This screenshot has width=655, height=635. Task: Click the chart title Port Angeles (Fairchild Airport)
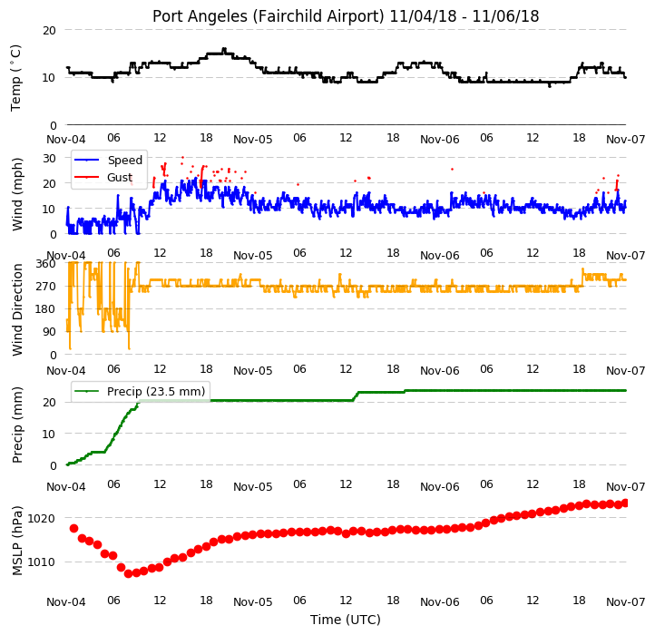pyautogui.click(x=268, y=16)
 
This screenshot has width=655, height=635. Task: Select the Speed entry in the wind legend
pyautogui.click(x=125, y=160)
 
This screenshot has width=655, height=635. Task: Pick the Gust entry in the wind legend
pyautogui.click(x=120, y=178)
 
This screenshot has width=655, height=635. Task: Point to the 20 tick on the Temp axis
pyautogui.click(x=49, y=31)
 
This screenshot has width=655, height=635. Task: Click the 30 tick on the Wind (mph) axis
pyautogui.click(x=49, y=159)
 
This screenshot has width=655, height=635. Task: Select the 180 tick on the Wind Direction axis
pyautogui.click(x=46, y=309)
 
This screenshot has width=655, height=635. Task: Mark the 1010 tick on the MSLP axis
pyautogui.click(x=41, y=562)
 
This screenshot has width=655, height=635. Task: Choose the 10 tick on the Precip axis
pyautogui.click(x=49, y=434)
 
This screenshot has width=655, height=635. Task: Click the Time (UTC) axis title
pyautogui.click(x=346, y=620)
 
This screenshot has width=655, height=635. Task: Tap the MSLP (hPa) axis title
pyautogui.click(x=17, y=541)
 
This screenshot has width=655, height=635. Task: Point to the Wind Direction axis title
pyautogui.click(x=17, y=309)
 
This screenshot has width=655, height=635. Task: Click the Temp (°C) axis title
pyautogui.click(x=15, y=78)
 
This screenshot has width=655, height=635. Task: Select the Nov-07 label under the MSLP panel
pyautogui.click(x=626, y=602)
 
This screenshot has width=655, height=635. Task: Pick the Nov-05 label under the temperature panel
pyautogui.click(x=253, y=140)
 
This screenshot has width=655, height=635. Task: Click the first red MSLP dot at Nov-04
pyautogui.click(x=74, y=529)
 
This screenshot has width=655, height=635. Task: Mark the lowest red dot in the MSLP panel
pyautogui.click(x=128, y=573)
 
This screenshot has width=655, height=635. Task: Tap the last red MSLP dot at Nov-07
pyautogui.click(x=625, y=503)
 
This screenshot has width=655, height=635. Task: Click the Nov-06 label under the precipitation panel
pyautogui.click(x=439, y=487)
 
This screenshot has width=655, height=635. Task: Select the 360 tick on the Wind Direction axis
pyautogui.click(x=46, y=264)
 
